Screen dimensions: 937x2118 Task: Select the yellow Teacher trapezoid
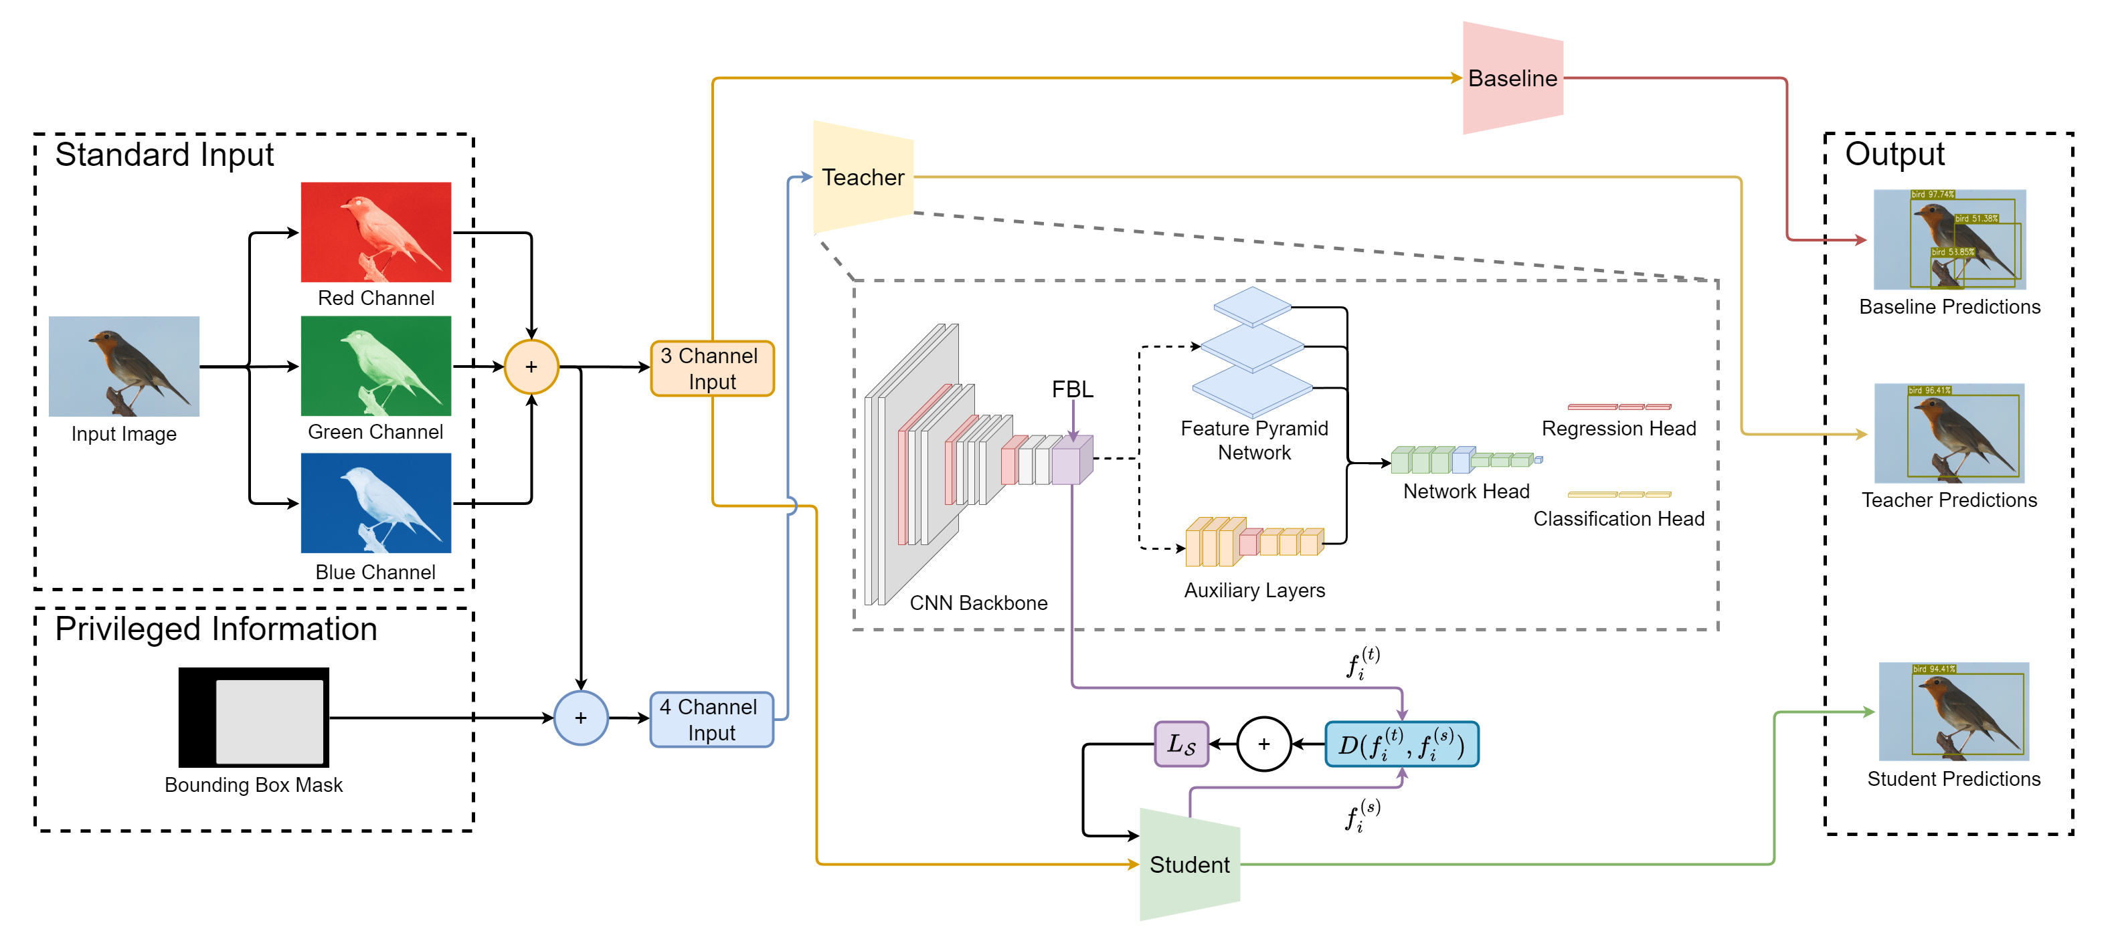click(863, 177)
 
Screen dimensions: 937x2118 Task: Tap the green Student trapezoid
click(1189, 864)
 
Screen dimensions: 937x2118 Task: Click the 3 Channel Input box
click(712, 369)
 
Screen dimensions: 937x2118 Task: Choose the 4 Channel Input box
click(712, 719)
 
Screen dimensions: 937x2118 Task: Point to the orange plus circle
click(531, 367)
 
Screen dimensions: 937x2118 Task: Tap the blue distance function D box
click(1401, 744)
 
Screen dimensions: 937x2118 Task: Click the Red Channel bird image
click(375, 232)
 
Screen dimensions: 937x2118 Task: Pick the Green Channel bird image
click(375, 366)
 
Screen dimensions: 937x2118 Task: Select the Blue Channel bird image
click(375, 502)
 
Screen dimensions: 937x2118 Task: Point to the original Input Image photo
click(124, 366)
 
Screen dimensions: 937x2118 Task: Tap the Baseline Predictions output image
click(1949, 239)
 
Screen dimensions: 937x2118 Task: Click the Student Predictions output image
click(1953, 711)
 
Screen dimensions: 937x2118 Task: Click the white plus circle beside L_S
click(1263, 744)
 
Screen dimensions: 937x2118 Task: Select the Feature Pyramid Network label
click(1254, 441)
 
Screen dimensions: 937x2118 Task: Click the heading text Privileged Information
click(215, 629)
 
